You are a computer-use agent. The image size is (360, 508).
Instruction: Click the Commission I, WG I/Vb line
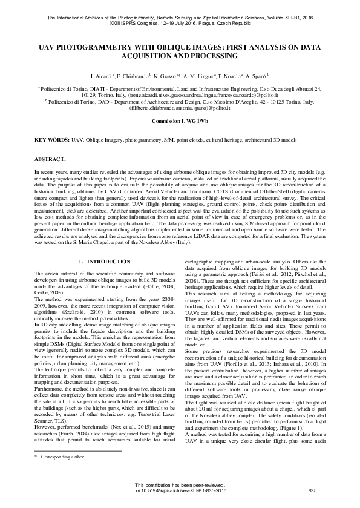180,121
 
